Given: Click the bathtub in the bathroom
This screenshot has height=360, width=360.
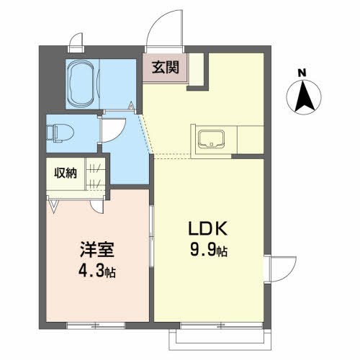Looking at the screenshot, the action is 81,84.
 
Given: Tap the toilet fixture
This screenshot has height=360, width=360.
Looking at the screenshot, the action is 60,132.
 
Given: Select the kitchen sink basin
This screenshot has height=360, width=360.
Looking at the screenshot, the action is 211,139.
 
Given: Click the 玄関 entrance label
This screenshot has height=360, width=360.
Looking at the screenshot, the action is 166,68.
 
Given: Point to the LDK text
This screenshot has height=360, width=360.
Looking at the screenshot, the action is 208,228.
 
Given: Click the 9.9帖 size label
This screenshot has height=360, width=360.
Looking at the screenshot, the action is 209,249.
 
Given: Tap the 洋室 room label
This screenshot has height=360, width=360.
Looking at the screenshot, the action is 97,250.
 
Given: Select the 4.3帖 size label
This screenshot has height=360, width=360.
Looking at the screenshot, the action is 97,271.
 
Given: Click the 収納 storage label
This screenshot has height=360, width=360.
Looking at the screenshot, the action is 66,173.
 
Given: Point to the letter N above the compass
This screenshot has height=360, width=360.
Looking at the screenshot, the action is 302,73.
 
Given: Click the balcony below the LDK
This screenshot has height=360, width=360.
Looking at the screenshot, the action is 220,339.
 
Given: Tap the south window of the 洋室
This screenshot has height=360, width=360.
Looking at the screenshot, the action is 96,325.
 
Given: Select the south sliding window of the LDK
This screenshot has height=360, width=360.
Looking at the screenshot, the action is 221,325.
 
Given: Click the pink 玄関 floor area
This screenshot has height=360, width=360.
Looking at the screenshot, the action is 165,68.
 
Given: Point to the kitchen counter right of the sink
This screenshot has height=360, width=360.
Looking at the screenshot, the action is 251,139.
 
